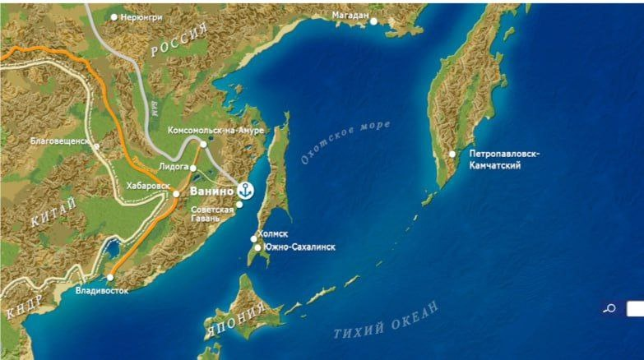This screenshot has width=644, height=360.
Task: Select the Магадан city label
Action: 351,16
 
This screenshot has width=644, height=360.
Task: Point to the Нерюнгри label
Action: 141,16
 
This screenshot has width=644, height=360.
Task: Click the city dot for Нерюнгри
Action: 114,16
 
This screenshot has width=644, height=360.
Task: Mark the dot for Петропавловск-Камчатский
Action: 452,154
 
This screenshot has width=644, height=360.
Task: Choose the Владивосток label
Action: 101,290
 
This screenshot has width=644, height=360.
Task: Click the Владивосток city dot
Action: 110,277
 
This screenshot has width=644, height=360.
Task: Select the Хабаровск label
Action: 147,187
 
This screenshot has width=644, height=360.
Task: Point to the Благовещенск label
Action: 59,141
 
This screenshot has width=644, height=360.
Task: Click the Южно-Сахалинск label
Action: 300,247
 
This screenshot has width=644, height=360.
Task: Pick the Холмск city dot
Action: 254,239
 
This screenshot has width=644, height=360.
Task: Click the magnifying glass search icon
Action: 609,309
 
